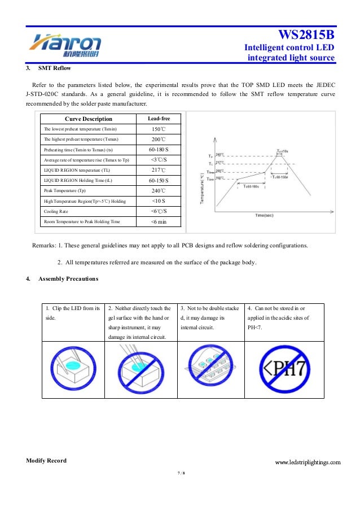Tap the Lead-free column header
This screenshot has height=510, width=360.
coord(159,119)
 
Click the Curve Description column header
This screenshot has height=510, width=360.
coord(89,119)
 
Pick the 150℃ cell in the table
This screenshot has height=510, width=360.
coord(159,129)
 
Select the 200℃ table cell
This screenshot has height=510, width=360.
coord(159,139)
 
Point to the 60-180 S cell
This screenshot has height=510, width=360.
coord(159,149)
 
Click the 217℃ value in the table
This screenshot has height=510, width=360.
coord(159,170)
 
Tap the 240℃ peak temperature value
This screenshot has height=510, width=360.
coord(159,191)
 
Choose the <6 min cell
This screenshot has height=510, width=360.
coord(159,222)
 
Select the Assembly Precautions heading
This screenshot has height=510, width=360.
coord(68,279)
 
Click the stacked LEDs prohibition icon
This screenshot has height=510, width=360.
coord(210,369)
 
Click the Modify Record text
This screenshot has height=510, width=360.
coord(46,461)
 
